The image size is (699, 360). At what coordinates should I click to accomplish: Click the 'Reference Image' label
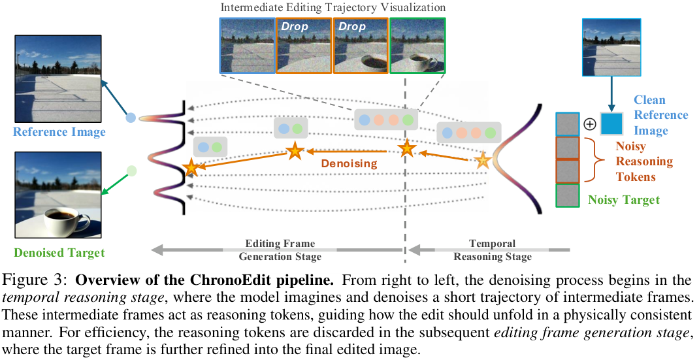coord(59,132)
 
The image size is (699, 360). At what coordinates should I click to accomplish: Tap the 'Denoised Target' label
coord(59,253)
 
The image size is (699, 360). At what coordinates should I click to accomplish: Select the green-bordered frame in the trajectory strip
coord(417,46)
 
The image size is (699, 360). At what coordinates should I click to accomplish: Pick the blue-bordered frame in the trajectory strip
coord(248,46)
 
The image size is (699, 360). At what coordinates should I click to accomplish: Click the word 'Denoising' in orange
coord(349,163)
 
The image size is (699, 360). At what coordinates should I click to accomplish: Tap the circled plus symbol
coord(590,124)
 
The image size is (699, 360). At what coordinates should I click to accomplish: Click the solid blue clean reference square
coord(611,123)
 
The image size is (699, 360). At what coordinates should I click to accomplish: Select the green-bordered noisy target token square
coord(568,195)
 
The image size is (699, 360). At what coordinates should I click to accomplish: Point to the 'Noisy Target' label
coord(624,200)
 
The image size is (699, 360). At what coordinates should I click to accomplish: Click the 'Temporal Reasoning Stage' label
coord(492,250)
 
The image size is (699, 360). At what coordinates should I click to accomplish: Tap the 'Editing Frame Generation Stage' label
coord(280,250)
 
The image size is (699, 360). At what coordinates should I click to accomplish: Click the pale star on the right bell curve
coord(482,161)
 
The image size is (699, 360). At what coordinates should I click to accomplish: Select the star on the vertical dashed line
coord(406,148)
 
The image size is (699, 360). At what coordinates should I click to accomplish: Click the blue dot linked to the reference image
coord(131,118)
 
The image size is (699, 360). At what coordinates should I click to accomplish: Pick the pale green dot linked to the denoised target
coord(131,171)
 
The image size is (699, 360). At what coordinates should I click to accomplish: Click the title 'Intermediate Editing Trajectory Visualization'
coord(333,8)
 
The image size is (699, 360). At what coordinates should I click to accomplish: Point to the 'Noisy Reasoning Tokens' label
coord(643,161)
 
